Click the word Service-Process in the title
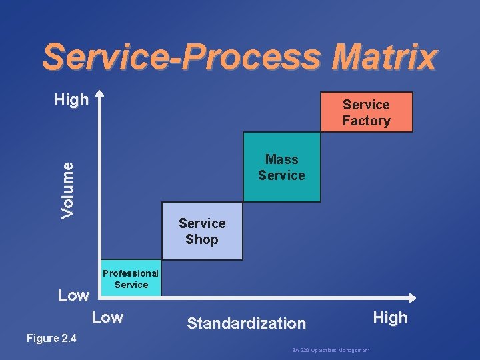point(183,58)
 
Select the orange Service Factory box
point(367,112)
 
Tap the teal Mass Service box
point(281,167)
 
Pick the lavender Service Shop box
point(202,231)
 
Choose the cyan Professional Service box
point(131,278)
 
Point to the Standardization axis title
point(246,323)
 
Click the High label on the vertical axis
point(71,100)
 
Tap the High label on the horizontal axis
point(390,318)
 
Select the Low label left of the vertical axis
point(73,295)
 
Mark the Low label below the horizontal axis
point(107,317)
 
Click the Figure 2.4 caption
point(51,339)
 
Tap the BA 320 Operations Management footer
point(331,350)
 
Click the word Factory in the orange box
point(367,121)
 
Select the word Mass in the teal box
point(281,159)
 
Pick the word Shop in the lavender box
point(202,239)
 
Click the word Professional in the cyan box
point(131,273)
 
